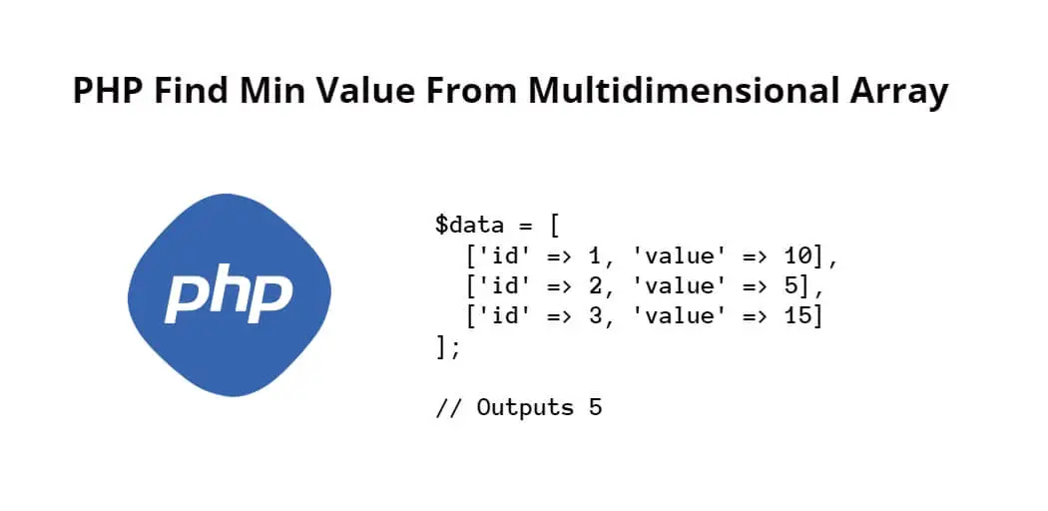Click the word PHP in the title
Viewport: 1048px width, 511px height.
(108, 91)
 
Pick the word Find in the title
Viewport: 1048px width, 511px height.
(193, 91)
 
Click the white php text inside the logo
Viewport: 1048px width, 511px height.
(230, 297)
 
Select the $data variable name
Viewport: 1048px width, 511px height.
(469, 226)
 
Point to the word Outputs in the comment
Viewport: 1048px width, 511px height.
(525, 407)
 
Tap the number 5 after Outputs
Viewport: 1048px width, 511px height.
(596, 407)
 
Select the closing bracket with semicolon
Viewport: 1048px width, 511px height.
(448, 346)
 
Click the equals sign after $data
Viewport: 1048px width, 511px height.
(525, 226)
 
